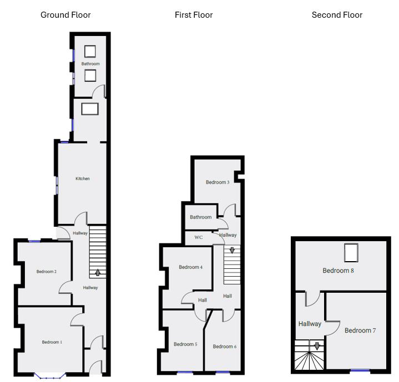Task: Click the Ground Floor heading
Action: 65,15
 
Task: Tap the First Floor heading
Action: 194,15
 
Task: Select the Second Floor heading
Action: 337,15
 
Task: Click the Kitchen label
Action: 83,179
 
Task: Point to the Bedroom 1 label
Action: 52,342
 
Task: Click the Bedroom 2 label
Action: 47,272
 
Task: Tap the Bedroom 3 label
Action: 218,182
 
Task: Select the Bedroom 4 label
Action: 190,267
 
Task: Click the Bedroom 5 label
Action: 185,344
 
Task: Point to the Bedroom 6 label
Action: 224,347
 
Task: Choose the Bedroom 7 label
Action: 360,330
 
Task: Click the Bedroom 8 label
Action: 339,271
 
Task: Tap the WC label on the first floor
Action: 199,237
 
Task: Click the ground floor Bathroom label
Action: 90,64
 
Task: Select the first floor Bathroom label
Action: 201,217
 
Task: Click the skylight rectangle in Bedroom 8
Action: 351,253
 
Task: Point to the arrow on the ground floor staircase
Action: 98,272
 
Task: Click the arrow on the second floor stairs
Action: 317,346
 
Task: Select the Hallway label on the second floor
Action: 310,324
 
